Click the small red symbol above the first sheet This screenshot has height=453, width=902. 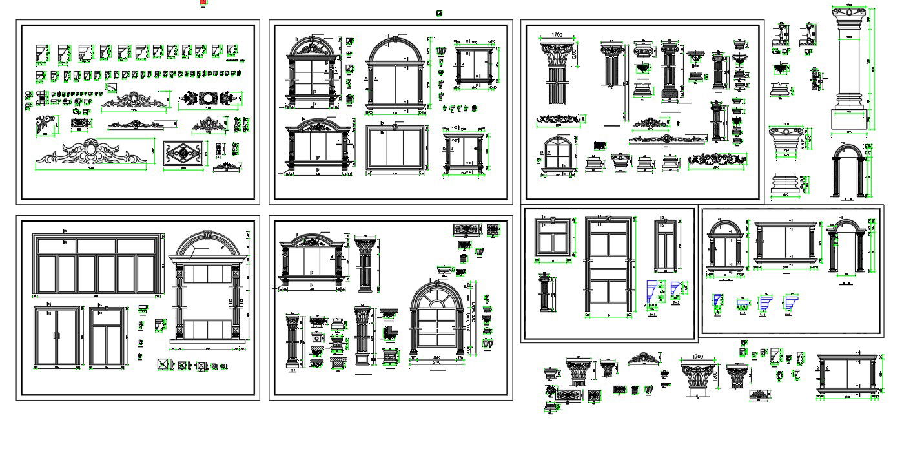(203, 3)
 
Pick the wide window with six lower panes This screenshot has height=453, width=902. (97, 265)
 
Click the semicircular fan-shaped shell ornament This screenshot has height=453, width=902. (759, 394)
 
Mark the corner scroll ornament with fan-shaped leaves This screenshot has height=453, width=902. (45, 124)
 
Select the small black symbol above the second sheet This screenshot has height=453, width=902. (440, 13)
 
